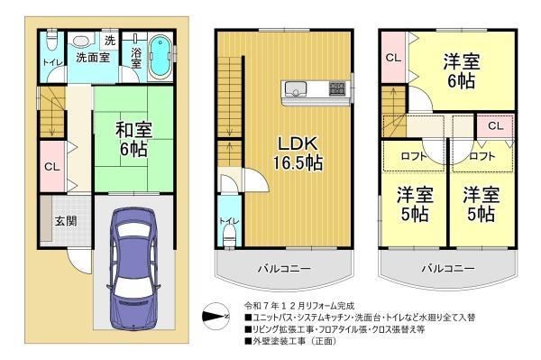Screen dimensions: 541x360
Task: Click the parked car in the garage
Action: [133, 269]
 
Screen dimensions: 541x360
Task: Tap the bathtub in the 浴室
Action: [160, 57]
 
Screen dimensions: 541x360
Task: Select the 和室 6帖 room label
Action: [133, 140]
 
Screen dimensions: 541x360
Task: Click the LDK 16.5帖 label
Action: [298, 152]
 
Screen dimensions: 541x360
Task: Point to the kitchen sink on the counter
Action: [295, 88]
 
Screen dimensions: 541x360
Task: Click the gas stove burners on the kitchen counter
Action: [336, 88]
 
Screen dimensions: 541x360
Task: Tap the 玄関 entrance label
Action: [66, 220]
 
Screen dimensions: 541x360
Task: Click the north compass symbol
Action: [215, 316]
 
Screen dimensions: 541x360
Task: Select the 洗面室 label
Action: [93, 58]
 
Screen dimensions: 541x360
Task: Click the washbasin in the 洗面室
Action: [81, 42]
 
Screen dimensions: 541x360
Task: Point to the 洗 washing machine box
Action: [110, 41]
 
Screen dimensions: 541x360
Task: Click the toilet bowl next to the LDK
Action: [228, 235]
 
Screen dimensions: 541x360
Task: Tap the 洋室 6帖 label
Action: [462, 70]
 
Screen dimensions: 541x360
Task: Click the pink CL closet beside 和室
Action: [52, 167]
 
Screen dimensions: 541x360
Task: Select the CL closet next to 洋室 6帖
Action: [394, 58]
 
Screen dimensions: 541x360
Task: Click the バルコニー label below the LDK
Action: [285, 269]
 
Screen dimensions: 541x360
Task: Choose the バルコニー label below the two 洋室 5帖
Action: [448, 268]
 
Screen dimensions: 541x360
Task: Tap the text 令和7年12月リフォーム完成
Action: [298, 306]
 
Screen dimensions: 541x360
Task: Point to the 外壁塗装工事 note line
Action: [290, 341]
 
